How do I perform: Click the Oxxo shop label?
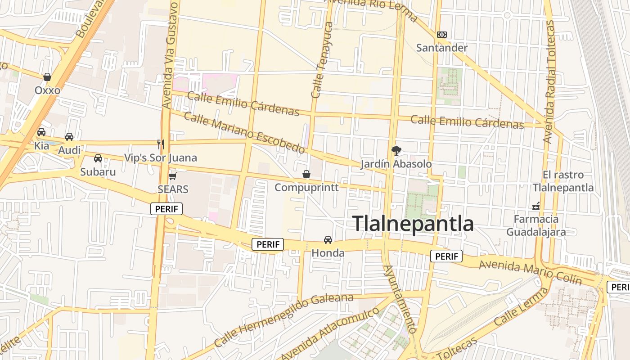pos(47,90)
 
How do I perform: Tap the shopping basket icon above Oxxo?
pos(47,77)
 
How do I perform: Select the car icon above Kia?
pos(41,132)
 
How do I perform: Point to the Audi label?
pos(69,150)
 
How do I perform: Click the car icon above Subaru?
pos(98,158)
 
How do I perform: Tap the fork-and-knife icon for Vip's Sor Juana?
pos(161,144)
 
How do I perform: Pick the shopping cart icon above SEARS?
pos(172,176)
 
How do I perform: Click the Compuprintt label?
pos(306,187)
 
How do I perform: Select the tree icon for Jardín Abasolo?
pos(396,150)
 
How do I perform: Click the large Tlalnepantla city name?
pos(413,224)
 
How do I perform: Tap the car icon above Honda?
pos(328,240)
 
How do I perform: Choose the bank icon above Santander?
pos(442,35)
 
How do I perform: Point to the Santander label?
pos(442,48)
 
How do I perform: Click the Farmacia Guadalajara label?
pos(536,226)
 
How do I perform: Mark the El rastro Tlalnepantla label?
pos(563,181)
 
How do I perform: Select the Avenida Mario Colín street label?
pos(530,271)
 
